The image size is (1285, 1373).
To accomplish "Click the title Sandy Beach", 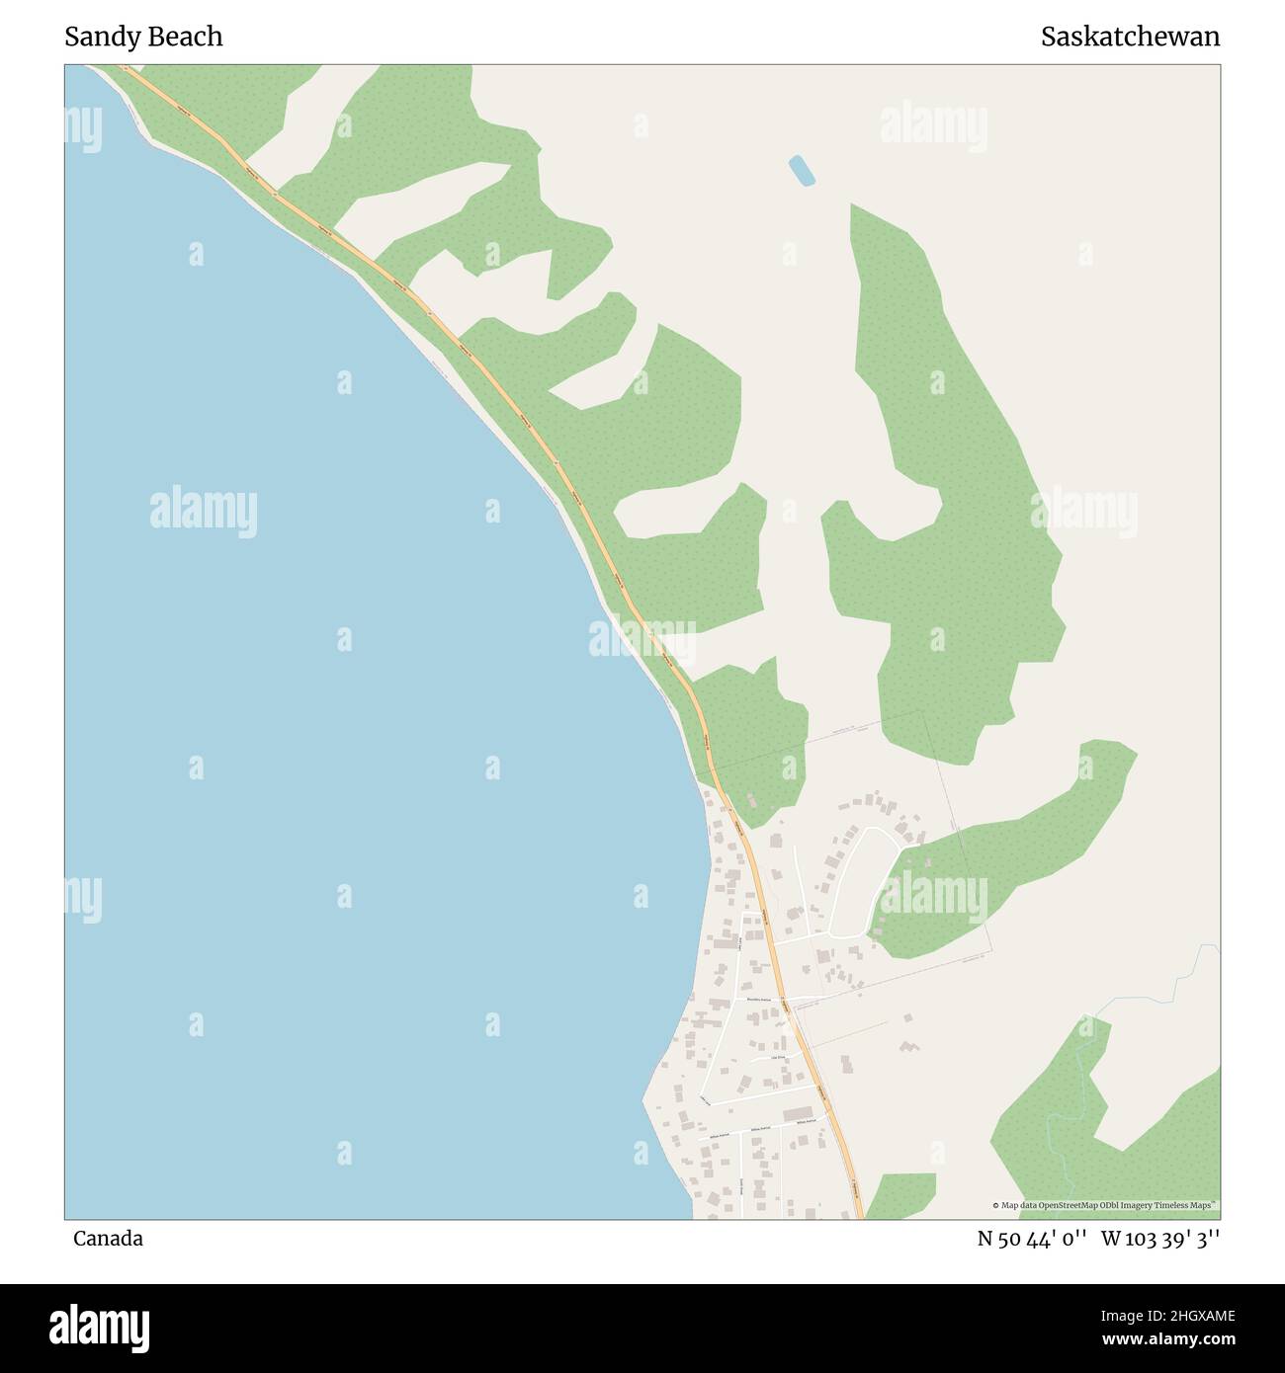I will point(143,38).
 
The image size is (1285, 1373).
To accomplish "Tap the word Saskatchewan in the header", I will point(1130,38).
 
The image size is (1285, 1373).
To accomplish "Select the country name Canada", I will point(108,1239).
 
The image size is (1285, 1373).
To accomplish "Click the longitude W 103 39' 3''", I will point(1160,1239).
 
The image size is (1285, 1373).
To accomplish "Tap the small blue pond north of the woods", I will point(802,170).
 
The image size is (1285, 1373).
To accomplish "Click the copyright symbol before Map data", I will point(996,1205).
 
